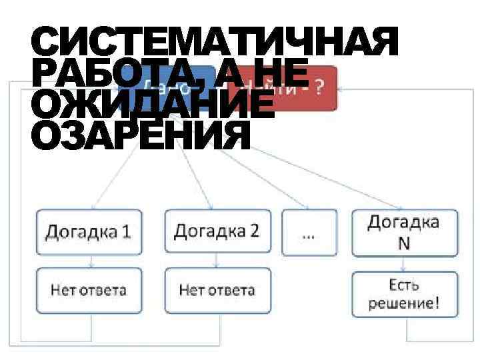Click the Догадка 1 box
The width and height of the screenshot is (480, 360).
tap(89, 231)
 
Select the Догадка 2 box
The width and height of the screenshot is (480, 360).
tap(217, 231)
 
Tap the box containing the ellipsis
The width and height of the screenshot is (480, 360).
tap(309, 232)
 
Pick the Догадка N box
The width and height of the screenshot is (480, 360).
tap(405, 232)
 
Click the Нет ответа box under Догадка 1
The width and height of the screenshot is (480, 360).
tap(89, 291)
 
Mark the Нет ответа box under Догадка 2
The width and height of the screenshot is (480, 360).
tap(217, 291)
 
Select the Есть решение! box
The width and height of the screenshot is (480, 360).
tap(405, 294)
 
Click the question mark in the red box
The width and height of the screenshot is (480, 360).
tap(321, 89)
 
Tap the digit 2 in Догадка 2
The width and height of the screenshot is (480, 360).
tap(254, 231)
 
